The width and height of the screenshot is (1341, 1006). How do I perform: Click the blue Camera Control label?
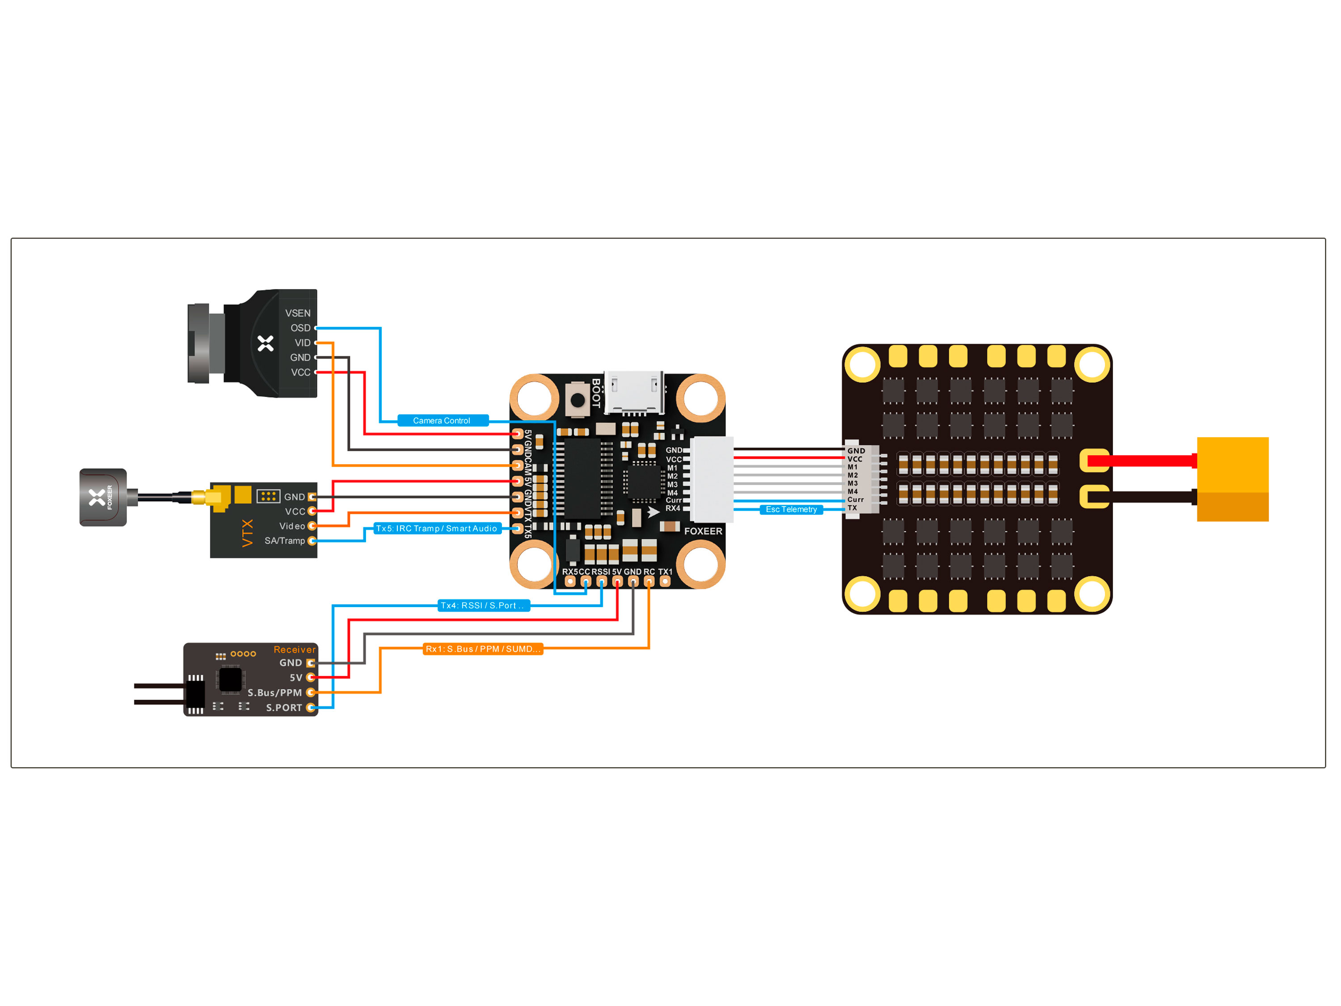(442, 421)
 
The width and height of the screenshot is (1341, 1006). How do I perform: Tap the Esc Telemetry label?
(791, 509)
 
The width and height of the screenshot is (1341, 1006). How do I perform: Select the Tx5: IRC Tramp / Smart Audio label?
(436, 528)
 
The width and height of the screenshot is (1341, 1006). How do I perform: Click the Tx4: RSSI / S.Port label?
(483, 605)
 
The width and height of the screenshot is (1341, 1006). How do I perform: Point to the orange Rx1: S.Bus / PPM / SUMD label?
(483, 649)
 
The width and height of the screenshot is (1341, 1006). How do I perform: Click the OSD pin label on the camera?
(300, 328)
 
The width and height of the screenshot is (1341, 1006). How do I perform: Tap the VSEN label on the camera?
(298, 313)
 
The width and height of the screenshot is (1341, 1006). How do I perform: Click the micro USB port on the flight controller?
(633, 393)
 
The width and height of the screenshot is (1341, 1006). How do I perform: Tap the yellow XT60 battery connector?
(1232, 479)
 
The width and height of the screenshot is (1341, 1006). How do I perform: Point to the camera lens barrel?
(199, 343)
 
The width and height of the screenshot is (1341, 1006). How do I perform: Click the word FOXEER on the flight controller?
(703, 531)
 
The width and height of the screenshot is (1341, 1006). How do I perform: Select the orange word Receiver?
(295, 650)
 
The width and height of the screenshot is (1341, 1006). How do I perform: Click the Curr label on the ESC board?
(856, 500)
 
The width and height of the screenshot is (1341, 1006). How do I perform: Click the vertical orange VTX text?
(247, 533)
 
